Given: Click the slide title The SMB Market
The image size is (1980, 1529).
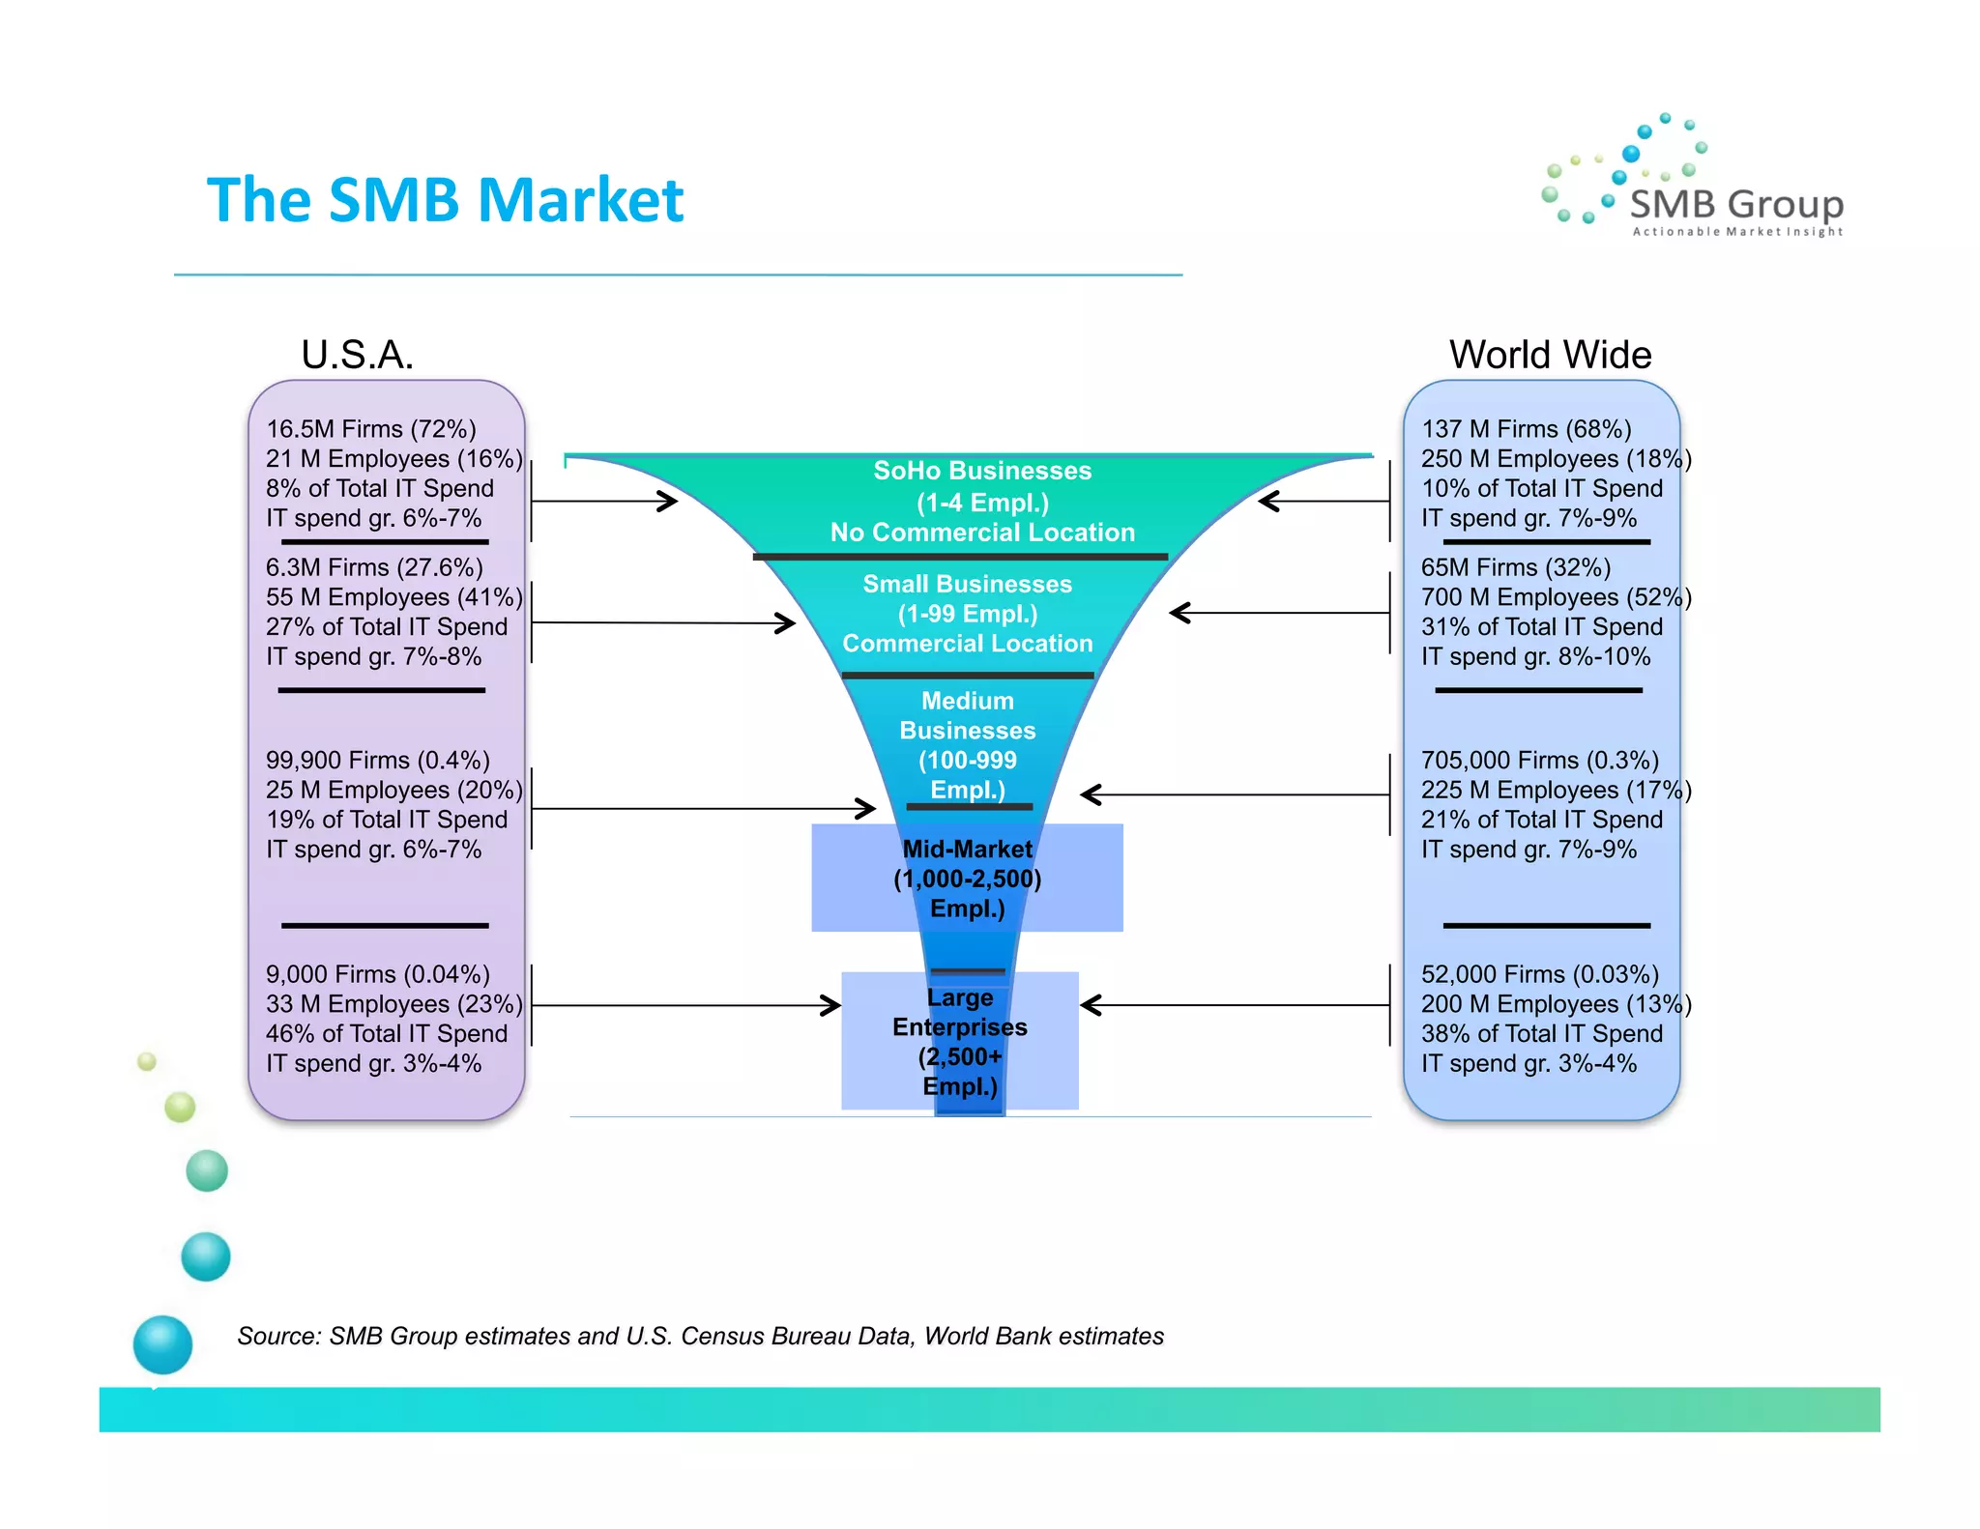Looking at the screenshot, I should point(445,200).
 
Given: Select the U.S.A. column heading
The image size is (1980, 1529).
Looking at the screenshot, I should point(357,355).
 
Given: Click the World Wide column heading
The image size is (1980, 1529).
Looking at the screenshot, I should point(1550,355).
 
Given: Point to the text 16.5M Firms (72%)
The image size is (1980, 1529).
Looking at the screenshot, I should point(370,429).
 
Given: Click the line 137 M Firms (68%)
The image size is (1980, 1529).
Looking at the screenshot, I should point(1526,429).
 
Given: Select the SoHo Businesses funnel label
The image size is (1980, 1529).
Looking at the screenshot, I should point(982,501).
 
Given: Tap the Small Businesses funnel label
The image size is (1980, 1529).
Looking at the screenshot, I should point(967,614).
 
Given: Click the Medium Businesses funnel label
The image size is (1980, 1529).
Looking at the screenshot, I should point(967,744).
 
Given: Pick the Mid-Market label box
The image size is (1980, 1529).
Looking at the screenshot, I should point(967,878).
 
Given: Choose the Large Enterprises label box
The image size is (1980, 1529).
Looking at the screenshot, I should point(959,1041).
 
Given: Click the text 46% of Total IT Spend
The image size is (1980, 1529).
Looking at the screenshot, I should point(386,1033).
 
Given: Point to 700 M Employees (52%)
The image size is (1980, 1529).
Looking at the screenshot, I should point(1555,597).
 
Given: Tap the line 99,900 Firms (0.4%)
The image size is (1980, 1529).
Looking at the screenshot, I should point(377,761).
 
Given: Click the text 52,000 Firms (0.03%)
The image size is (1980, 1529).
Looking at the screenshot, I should point(1539,974).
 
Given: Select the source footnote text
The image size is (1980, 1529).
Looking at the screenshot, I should point(700,1336).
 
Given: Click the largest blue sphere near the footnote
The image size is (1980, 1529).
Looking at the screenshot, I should point(162,1344).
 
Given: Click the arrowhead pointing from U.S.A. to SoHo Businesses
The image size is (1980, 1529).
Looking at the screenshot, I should point(668,501).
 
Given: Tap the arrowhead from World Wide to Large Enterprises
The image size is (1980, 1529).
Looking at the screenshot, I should point(1091,1005).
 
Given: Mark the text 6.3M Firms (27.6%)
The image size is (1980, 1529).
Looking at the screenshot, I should point(373,567).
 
